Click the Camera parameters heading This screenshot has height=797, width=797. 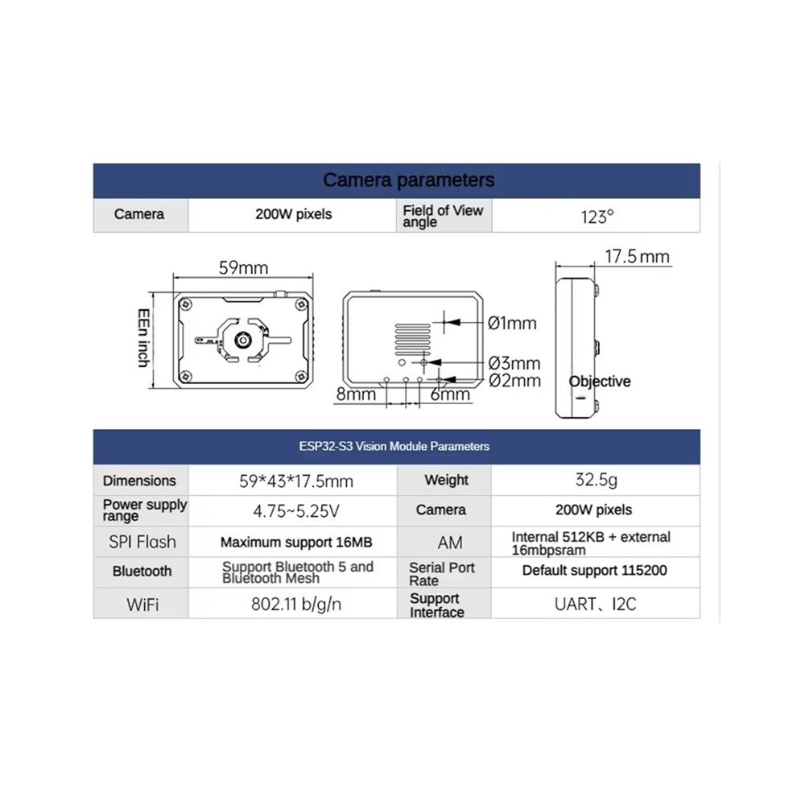point(409,180)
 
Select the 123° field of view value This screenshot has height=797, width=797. point(597,217)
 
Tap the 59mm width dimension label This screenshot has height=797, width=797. point(243,267)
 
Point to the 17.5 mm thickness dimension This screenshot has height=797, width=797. point(638,256)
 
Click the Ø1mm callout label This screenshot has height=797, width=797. point(512,323)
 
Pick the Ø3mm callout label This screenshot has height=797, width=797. point(514,363)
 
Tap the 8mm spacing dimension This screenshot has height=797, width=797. point(356,394)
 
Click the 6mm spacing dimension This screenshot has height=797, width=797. point(450,394)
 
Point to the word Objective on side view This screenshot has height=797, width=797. point(600,382)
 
